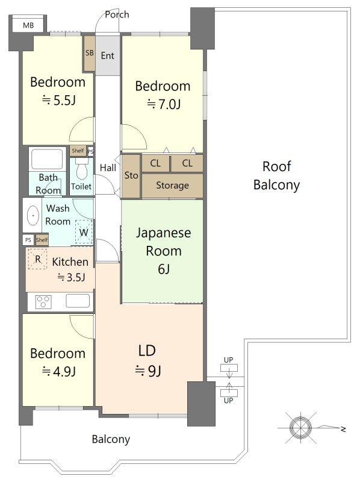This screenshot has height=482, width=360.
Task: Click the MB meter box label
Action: point(28,25)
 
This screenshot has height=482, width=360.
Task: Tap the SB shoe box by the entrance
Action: point(89,54)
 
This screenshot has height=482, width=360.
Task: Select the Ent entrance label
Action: point(108,55)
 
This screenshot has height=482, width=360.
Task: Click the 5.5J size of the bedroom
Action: point(59,101)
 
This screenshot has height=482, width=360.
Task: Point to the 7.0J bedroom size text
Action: point(164,104)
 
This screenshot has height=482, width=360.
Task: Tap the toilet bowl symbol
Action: point(82,169)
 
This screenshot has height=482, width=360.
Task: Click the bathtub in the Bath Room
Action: point(48,159)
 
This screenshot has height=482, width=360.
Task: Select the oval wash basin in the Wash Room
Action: point(33,216)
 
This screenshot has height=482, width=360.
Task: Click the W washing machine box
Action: point(84,233)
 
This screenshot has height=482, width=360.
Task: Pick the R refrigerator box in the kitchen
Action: point(37,259)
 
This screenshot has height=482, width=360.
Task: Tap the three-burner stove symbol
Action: point(43,302)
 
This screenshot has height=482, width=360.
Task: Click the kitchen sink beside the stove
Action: point(78,301)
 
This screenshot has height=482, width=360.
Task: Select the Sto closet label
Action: point(131,175)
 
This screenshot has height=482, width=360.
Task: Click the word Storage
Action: point(172,186)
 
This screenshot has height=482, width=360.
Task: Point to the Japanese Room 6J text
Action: point(163,251)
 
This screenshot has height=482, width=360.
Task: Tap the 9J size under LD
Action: point(148,371)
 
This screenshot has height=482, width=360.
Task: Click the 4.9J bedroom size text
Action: point(59,372)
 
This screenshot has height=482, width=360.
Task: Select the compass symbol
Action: point(301,428)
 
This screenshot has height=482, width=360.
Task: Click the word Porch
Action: point(117,14)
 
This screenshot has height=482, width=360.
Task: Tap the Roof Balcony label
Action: point(276,176)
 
